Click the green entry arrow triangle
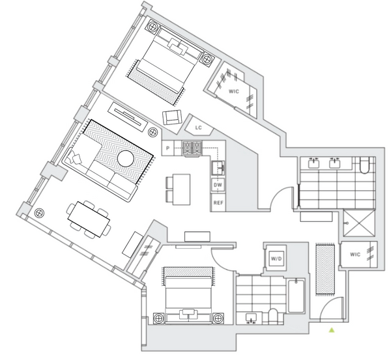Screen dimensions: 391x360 coord(332,330)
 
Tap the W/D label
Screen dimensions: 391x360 coord(276,258)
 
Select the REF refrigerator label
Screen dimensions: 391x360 coord(218,202)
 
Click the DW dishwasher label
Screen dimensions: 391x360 coord(218,185)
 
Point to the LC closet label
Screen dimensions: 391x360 coord(199,128)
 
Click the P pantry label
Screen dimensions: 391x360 coord(168,148)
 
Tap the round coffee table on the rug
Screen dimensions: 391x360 coord(126,158)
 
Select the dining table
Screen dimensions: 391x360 coord(89,219)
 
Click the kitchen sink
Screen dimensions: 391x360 coord(218,168)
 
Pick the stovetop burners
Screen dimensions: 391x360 coord(192,148)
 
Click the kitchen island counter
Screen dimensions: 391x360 coord(182,189)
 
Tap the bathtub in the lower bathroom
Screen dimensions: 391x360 coord(297,296)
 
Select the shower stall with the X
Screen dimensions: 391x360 coord(359,223)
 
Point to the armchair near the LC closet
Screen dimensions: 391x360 coord(172,117)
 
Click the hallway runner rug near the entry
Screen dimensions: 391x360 coord(325,270)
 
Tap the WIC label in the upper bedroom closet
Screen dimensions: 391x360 coord(234,91)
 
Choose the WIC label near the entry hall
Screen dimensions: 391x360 coord(355,255)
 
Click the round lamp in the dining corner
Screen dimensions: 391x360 coord(38,213)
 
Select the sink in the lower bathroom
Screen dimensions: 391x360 coord(251,318)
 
